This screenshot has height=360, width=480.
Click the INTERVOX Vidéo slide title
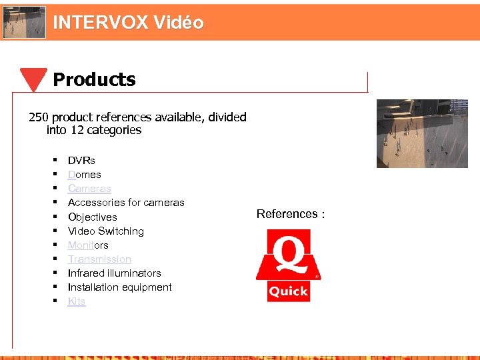tap(128, 23)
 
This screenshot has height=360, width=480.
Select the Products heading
tap(94, 80)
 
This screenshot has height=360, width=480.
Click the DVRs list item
tap(81, 161)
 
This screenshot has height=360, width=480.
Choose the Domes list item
tap(85, 175)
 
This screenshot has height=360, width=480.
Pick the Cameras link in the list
tap(89, 189)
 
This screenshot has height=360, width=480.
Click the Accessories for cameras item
tap(126, 203)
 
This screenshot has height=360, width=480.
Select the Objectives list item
tap(92, 217)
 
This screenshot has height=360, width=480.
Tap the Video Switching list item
tap(106, 231)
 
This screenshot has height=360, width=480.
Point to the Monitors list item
tap(88, 245)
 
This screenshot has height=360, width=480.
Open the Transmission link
tap(99, 259)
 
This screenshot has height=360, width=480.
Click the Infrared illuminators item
tap(114, 273)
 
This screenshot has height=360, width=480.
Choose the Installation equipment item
tap(119, 287)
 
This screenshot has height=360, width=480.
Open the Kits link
tap(77, 301)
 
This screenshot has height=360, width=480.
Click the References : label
tap(291, 214)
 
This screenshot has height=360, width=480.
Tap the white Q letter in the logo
tap(289, 254)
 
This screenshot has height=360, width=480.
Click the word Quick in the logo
tap(288, 291)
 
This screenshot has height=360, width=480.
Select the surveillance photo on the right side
tap(422, 133)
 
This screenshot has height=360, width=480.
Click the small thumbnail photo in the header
tap(24, 22)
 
